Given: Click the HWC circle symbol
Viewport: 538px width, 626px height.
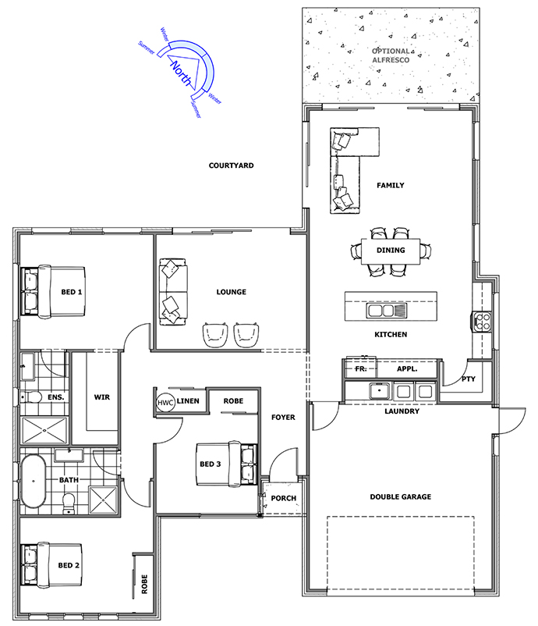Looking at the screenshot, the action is pyautogui.click(x=165, y=403).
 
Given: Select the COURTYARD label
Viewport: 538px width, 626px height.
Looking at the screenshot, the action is pyautogui.click(x=231, y=165).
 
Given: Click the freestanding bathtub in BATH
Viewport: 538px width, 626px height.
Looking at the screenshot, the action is pyautogui.click(x=33, y=481).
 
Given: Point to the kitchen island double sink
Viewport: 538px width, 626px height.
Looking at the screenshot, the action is pyautogui.click(x=387, y=310).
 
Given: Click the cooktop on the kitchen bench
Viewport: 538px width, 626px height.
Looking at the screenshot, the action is pyautogui.click(x=482, y=322).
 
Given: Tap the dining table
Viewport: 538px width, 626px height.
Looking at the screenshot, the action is pyautogui.click(x=391, y=251).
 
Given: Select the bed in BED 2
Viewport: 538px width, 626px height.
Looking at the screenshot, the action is pyautogui.click(x=51, y=565).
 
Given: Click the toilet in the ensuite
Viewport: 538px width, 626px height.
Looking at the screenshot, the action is pyautogui.click(x=31, y=397).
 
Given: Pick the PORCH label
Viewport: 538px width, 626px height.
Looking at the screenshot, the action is pyautogui.click(x=284, y=498).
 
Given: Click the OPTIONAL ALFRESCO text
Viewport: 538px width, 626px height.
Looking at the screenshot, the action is pyautogui.click(x=391, y=55).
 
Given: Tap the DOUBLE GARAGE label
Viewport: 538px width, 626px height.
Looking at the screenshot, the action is pyautogui.click(x=401, y=496).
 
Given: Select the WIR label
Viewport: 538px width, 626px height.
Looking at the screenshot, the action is pyautogui.click(x=101, y=397).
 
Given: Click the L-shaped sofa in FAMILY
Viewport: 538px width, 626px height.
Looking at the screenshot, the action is pyautogui.click(x=346, y=169).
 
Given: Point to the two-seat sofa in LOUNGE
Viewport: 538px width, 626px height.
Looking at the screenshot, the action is pyautogui.click(x=173, y=291).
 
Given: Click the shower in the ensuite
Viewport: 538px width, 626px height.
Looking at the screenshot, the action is pyautogui.click(x=44, y=430).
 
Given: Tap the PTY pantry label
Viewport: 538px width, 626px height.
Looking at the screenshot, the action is pyautogui.click(x=469, y=379).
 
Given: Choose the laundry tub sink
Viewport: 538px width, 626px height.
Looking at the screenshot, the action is pyautogui.click(x=379, y=390).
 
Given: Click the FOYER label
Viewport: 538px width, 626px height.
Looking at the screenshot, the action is pyautogui.click(x=283, y=417).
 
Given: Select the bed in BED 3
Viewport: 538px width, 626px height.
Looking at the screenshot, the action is pyautogui.click(x=227, y=464).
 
